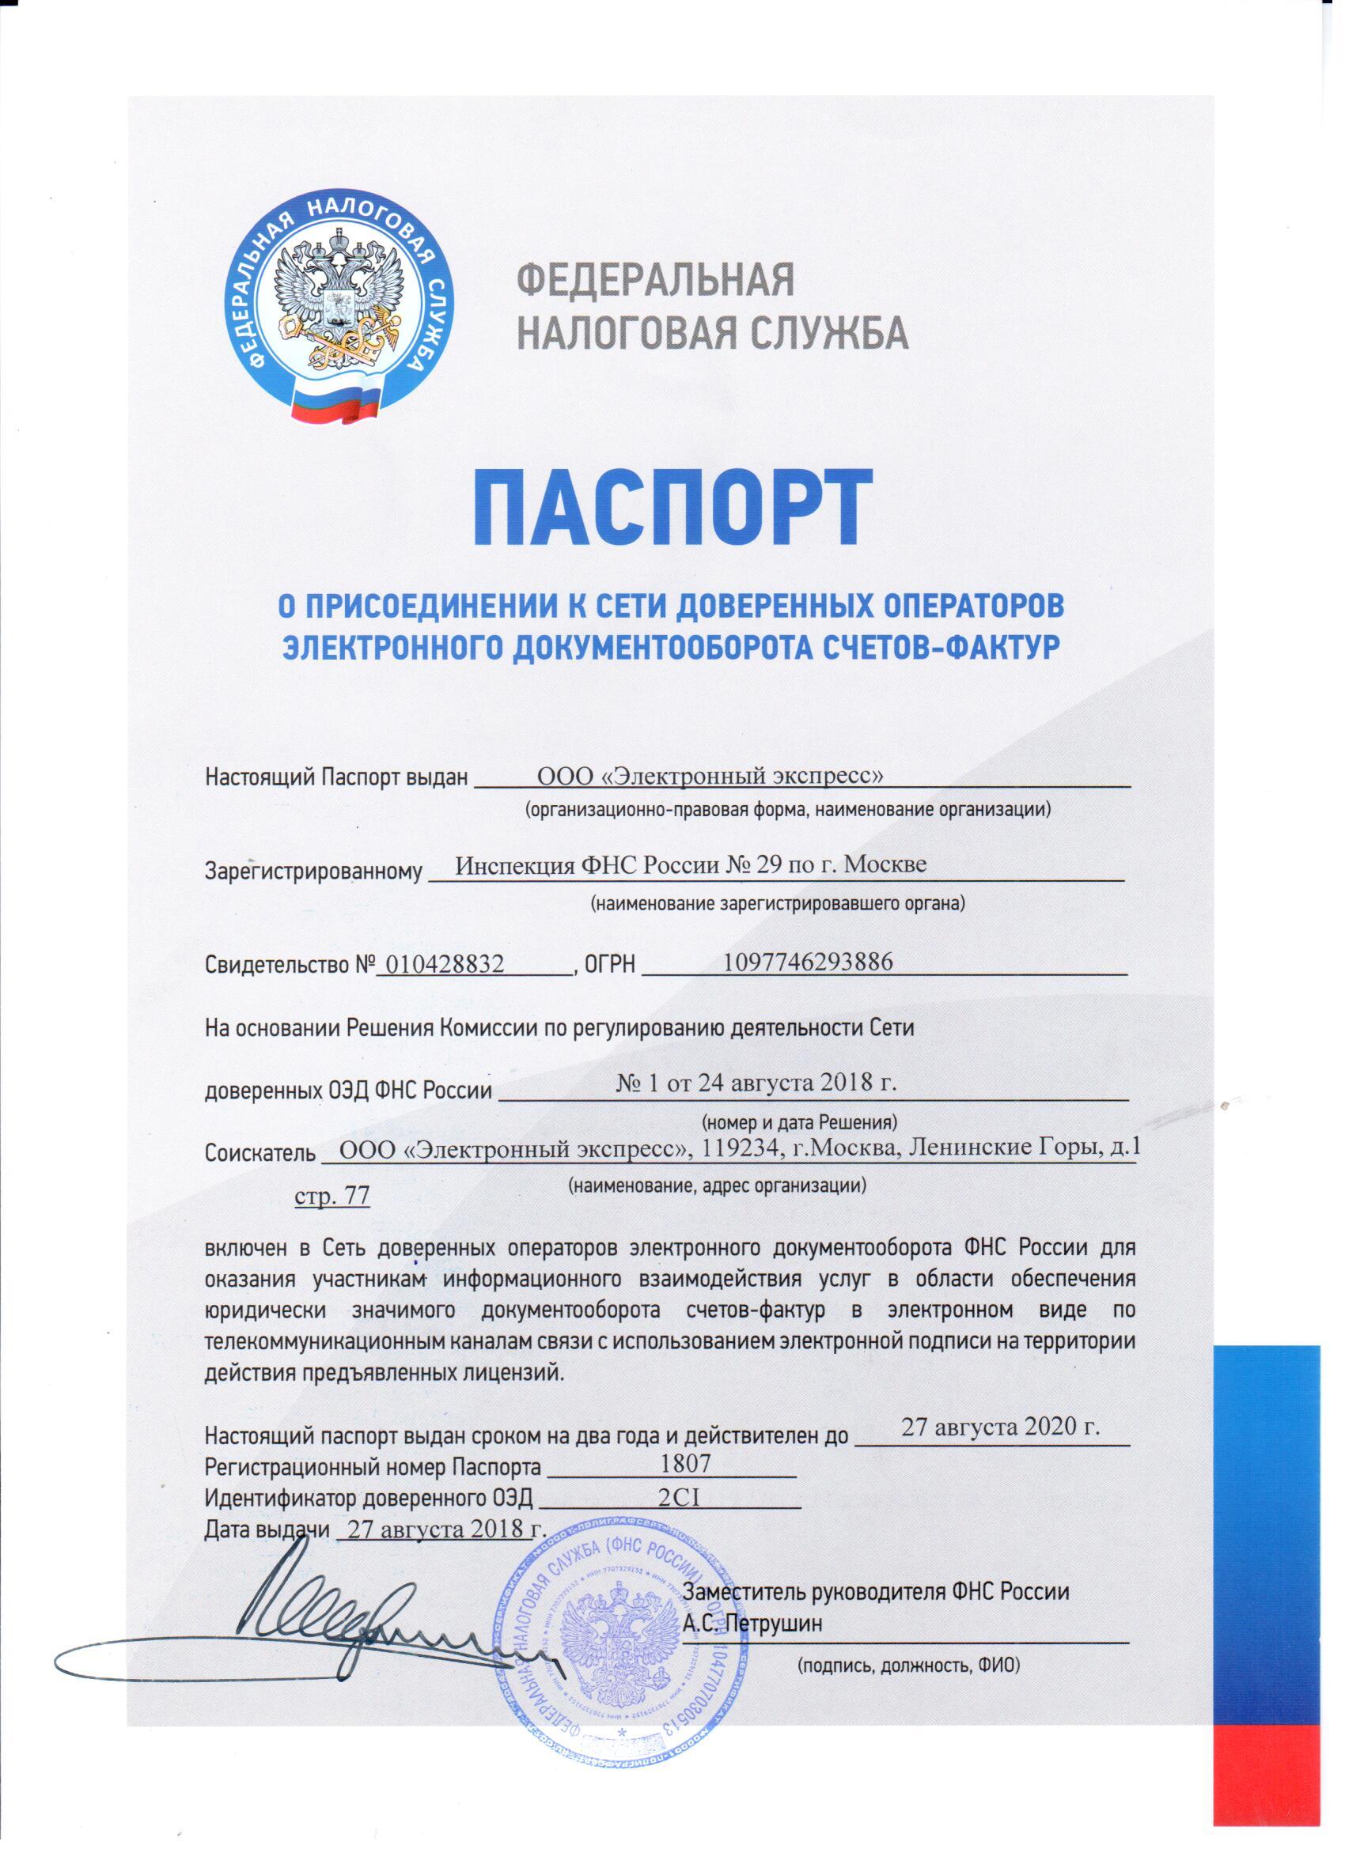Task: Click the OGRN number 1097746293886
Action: (x=809, y=962)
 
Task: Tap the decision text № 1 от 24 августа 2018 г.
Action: (x=756, y=1083)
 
